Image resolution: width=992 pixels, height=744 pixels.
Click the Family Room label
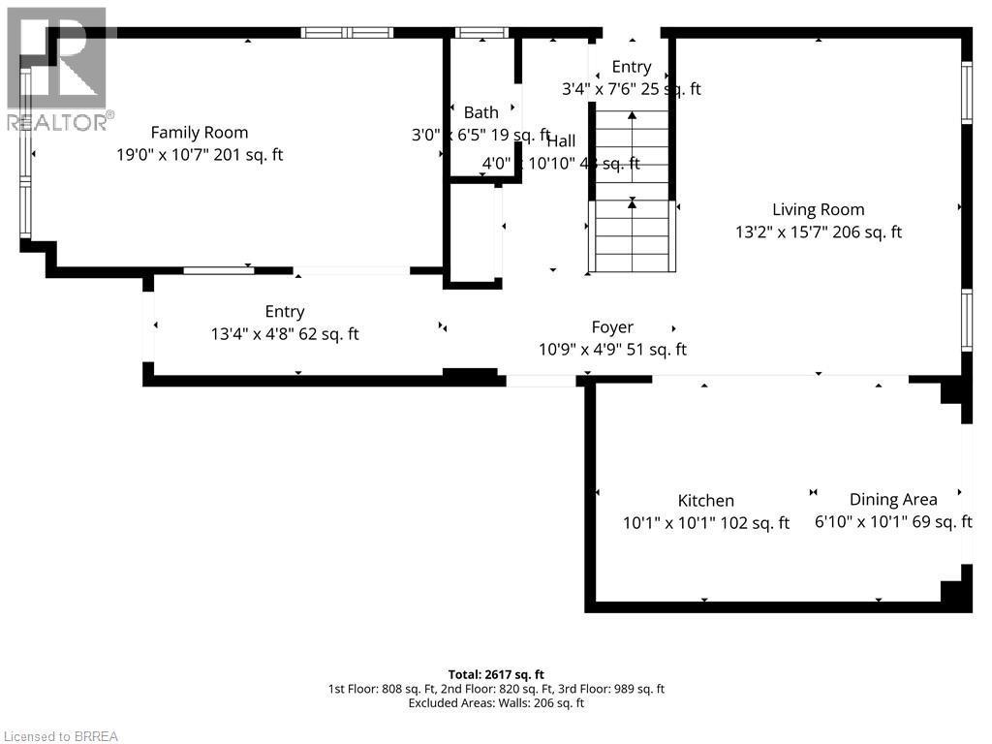199,133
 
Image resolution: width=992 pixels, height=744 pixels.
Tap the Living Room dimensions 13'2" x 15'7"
818,232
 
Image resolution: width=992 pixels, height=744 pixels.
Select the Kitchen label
705,501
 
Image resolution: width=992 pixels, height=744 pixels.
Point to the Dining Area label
892,500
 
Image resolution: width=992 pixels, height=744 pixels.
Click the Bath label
480,113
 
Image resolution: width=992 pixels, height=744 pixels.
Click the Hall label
561,141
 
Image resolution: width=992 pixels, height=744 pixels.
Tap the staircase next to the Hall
632,194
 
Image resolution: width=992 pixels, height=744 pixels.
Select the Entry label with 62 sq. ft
285,312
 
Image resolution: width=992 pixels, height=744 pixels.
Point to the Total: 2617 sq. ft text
496,674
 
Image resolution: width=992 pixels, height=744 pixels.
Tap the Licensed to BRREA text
60,736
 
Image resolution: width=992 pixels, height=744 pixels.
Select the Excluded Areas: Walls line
496,703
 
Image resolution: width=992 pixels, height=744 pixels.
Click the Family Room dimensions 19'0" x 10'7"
199,155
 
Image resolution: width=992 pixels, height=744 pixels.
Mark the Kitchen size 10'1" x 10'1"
705,523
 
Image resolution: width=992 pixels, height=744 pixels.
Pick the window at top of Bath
481,33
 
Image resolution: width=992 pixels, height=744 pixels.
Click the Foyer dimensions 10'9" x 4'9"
612,351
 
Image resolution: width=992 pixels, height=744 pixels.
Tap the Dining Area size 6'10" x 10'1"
892,522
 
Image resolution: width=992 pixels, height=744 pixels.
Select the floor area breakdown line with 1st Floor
496,689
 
